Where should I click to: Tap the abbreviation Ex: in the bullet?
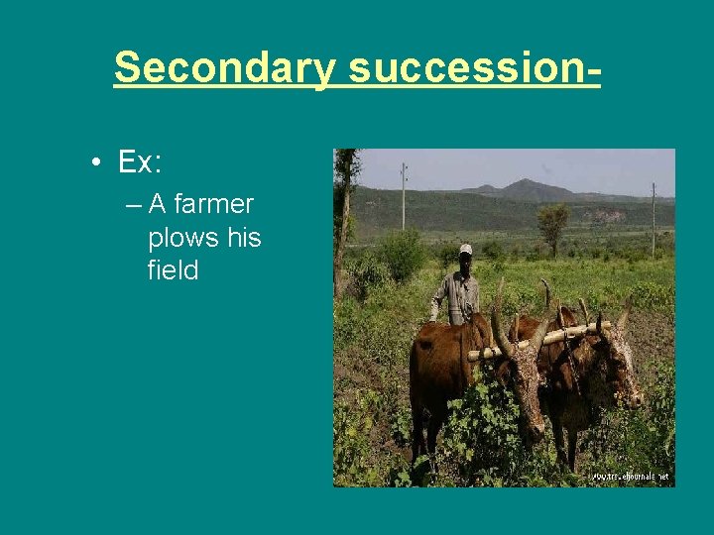[x=140, y=160]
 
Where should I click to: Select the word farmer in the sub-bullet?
[x=214, y=205]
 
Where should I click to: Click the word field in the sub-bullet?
[x=173, y=270]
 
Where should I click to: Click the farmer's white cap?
[x=465, y=250]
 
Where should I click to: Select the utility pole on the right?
[x=654, y=218]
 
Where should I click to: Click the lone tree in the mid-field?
[x=553, y=223]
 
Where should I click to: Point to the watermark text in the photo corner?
[x=630, y=477]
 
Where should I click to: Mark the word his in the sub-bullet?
[x=243, y=238]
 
